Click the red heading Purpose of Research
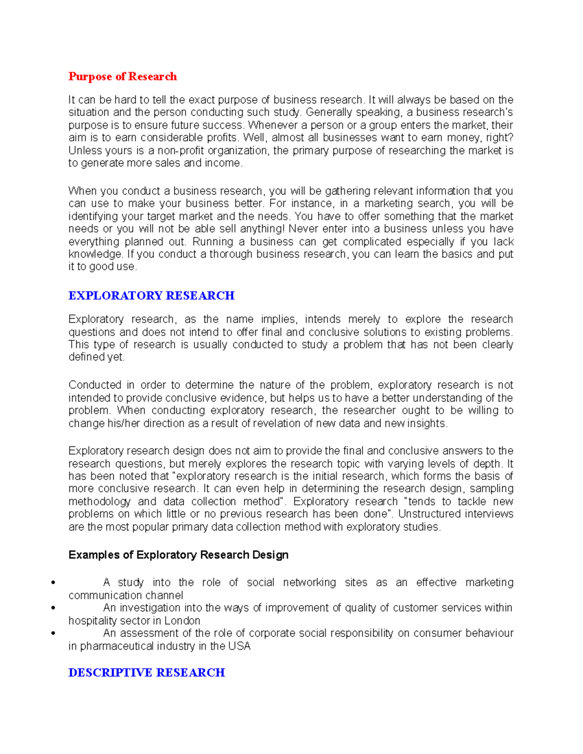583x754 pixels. pos(122,76)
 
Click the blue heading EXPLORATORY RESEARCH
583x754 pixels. pos(151,296)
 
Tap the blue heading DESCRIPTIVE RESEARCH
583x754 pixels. pos(146,672)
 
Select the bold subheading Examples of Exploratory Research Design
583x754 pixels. pos(178,555)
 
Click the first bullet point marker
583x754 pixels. pos(53,583)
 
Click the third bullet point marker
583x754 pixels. pos(53,633)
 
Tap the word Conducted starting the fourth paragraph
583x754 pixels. pos(95,385)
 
